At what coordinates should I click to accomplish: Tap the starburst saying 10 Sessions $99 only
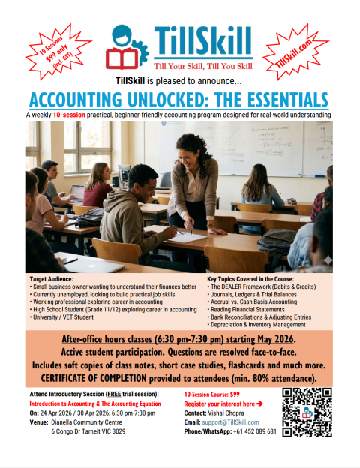pos(46,52)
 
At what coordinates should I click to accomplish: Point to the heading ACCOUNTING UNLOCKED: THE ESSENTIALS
pos(180,100)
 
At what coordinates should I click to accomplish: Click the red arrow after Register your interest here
pos(260,403)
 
